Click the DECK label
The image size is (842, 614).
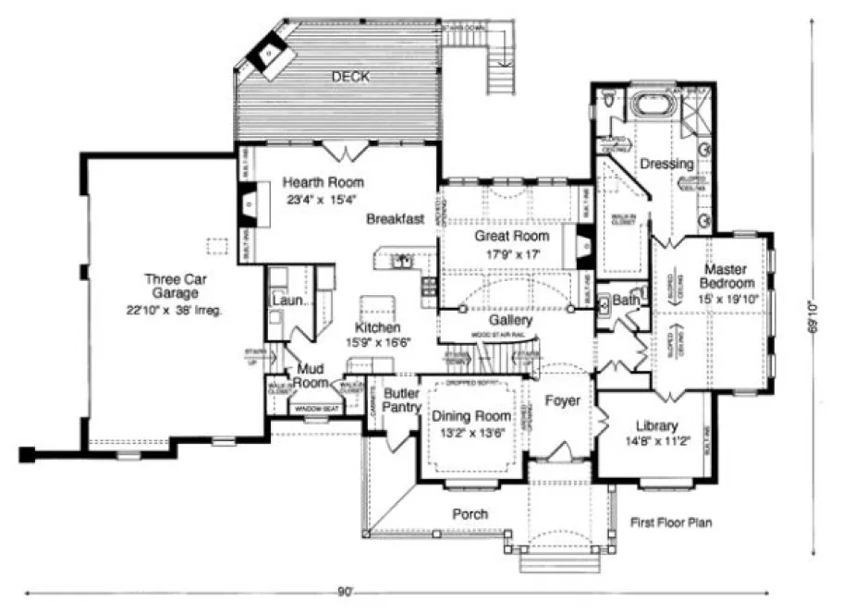(350, 78)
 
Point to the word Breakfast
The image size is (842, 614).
(395, 219)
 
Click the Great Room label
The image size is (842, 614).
(506, 236)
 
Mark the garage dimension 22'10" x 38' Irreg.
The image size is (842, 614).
(176, 310)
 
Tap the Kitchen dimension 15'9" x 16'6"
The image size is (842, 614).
(379, 342)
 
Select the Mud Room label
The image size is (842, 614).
(312, 375)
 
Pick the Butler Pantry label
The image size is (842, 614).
(402, 399)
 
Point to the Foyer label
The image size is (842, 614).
(562, 401)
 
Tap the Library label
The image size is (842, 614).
(657, 426)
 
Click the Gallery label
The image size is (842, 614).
(510, 319)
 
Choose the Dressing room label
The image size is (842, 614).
(666, 164)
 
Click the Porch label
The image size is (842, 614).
(470, 514)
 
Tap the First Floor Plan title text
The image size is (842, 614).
(672, 522)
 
